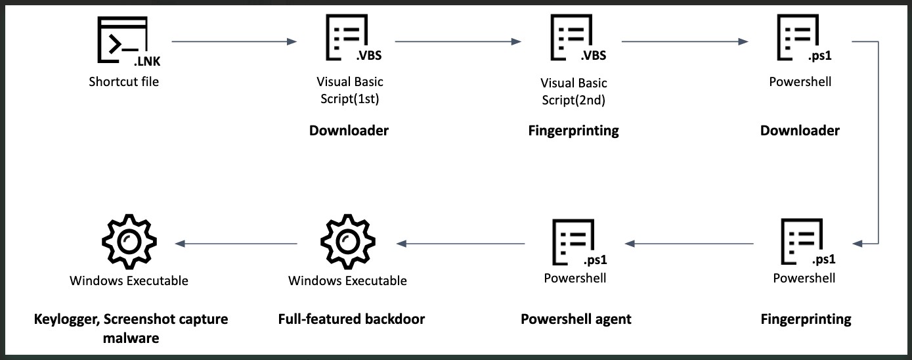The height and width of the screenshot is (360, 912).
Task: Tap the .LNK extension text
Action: (x=147, y=62)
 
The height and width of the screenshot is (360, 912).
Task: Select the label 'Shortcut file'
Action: (x=124, y=82)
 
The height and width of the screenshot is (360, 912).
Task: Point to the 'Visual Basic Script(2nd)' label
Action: (x=573, y=92)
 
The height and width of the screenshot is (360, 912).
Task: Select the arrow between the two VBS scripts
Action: (x=458, y=42)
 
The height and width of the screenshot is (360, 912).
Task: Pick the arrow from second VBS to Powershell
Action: (x=684, y=42)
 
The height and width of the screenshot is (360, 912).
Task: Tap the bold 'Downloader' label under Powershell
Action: (x=800, y=131)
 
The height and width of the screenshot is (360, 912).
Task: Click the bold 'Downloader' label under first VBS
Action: (x=349, y=131)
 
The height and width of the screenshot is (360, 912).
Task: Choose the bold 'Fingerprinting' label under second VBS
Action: (x=573, y=131)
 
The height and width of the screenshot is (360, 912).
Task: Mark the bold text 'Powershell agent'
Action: (x=576, y=319)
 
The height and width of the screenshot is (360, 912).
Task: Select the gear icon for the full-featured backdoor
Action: (x=345, y=243)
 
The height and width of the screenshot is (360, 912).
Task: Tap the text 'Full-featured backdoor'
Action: (x=351, y=319)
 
